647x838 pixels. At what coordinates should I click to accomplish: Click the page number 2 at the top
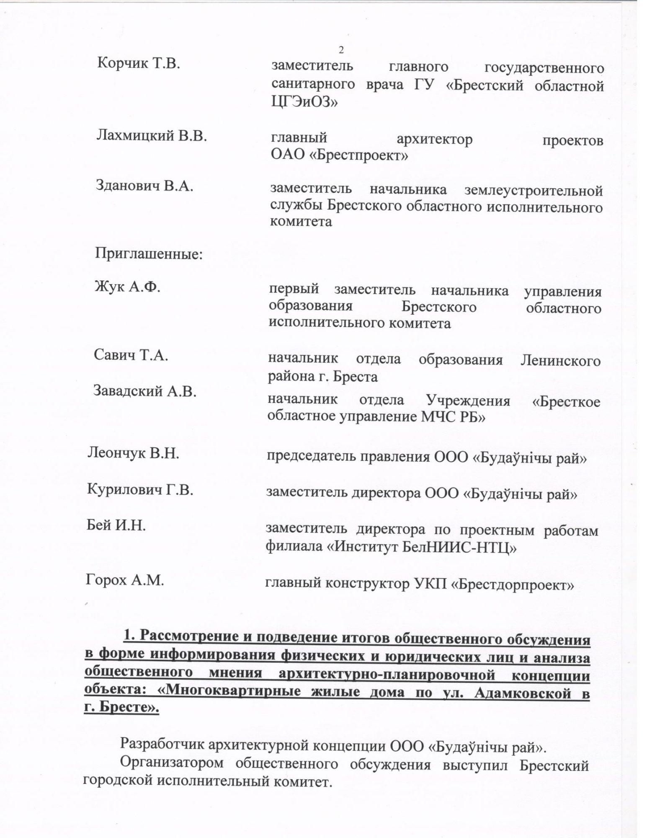(x=341, y=50)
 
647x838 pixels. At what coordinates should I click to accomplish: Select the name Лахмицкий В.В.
(x=152, y=136)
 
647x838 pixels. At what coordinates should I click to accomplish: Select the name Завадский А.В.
(x=144, y=391)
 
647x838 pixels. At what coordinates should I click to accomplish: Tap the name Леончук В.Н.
(x=133, y=453)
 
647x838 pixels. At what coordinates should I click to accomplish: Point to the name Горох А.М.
(x=124, y=580)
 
